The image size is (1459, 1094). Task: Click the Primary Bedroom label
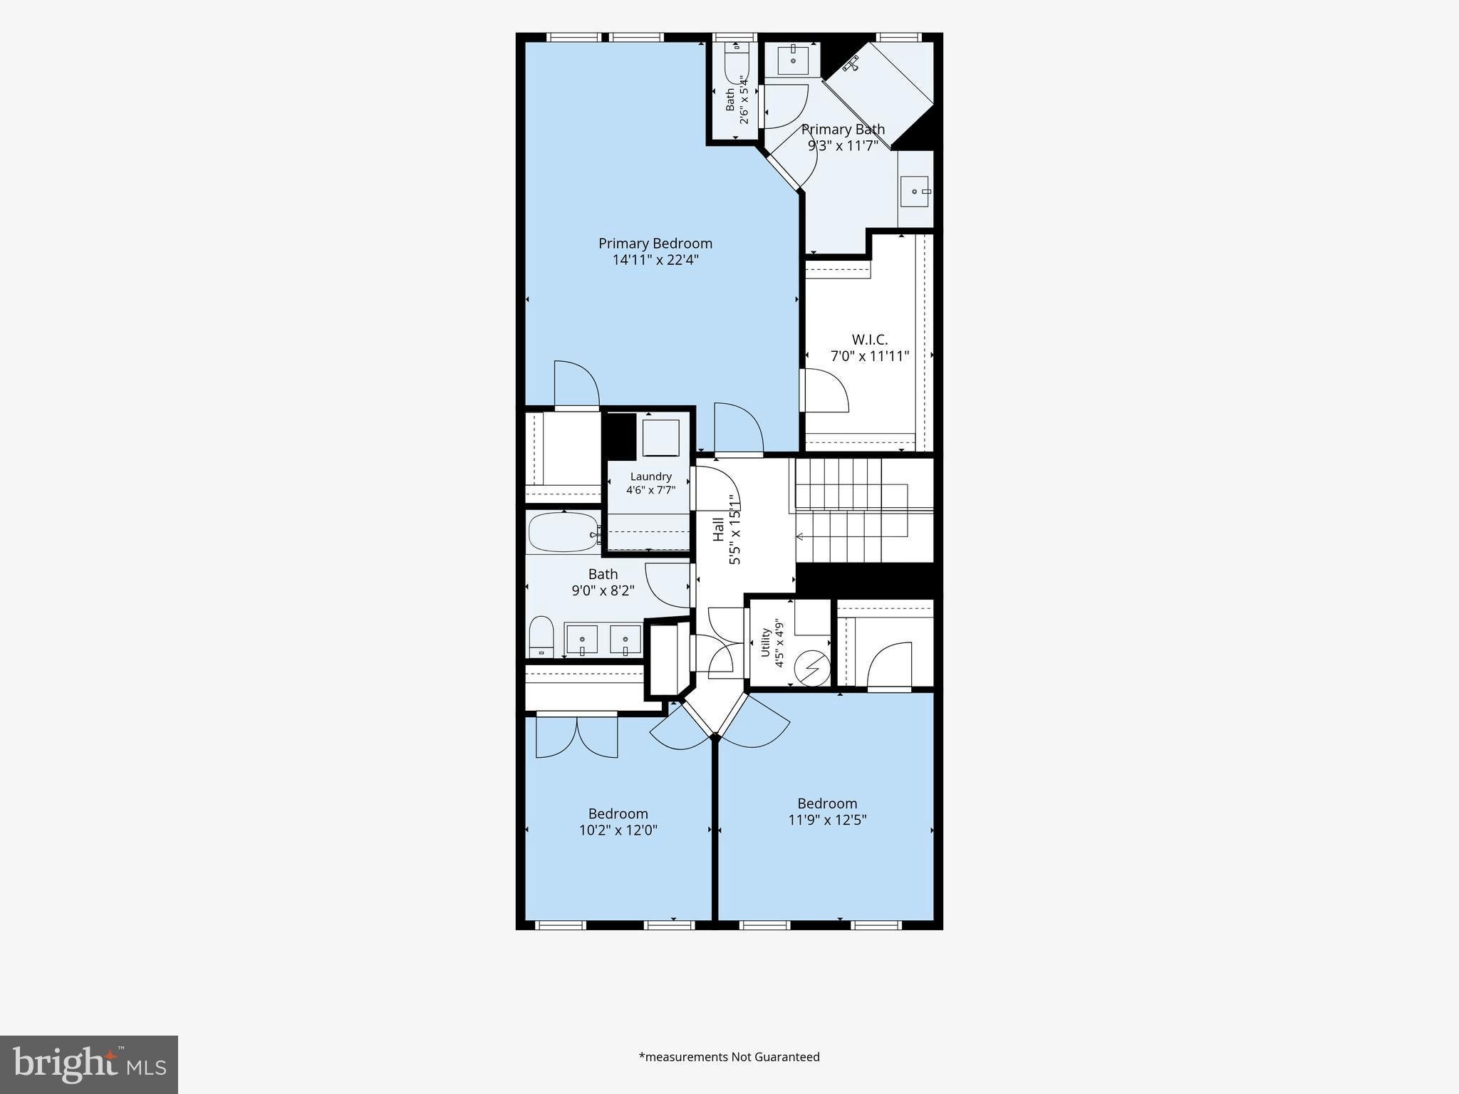[655, 244]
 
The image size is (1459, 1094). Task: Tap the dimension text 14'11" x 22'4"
[655, 260]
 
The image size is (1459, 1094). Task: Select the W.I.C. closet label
[870, 340]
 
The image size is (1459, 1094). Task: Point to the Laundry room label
[651, 476]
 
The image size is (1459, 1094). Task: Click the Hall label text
[719, 529]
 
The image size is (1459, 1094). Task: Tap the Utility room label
[766, 642]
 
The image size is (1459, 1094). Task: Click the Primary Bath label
[843, 130]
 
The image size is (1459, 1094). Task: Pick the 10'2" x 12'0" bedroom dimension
[618, 830]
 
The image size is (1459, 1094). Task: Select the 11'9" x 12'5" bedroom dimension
[827, 820]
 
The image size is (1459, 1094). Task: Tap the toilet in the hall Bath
[541, 637]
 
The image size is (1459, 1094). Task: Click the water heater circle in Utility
[812, 668]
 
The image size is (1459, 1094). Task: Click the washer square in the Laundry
[661, 438]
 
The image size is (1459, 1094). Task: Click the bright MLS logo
[89, 1065]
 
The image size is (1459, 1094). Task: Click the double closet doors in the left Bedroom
[577, 736]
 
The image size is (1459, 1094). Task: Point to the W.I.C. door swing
[826, 390]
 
